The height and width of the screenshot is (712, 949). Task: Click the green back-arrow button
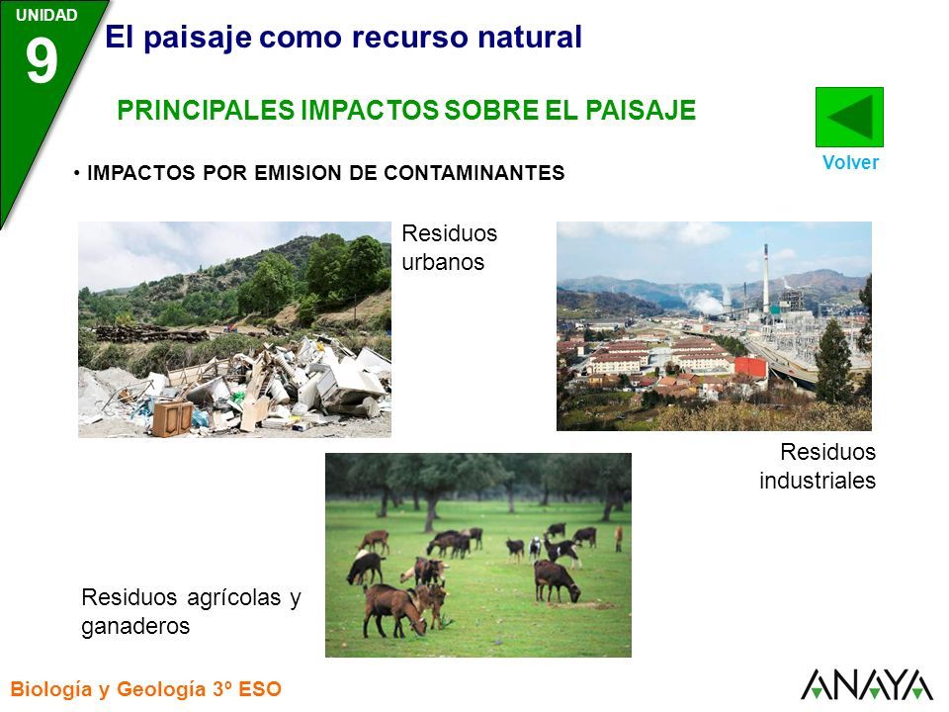pyautogui.click(x=849, y=117)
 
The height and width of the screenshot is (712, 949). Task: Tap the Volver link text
pyautogui.click(x=850, y=162)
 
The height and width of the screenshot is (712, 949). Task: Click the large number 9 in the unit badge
pyautogui.click(x=42, y=61)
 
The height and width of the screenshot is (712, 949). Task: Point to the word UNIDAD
pyautogui.click(x=46, y=15)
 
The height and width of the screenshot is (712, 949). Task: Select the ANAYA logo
pyautogui.click(x=867, y=684)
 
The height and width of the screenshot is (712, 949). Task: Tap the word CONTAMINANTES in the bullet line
pyautogui.click(x=474, y=173)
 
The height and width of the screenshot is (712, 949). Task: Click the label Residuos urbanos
pyautogui.click(x=449, y=247)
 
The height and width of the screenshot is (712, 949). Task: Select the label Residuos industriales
pyautogui.click(x=818, y=466)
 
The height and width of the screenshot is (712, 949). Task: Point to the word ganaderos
pyautogui.click(x=135, y=626)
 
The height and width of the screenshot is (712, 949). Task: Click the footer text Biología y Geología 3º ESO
pyautogui.click(x=146, y=689)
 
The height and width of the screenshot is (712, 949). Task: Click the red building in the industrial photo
pyautogui.click(x=750, y=367)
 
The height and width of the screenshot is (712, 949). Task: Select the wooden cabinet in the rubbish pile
pyautogui.click(x=172, y=418)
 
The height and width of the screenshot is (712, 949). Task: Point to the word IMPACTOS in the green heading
pyautogui.click(x=370, y=110)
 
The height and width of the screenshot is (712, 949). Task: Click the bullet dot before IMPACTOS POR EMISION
pyautogui.click(x=77, y=174)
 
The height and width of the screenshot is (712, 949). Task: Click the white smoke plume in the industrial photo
pyautogui.click(x=702, y=301)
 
